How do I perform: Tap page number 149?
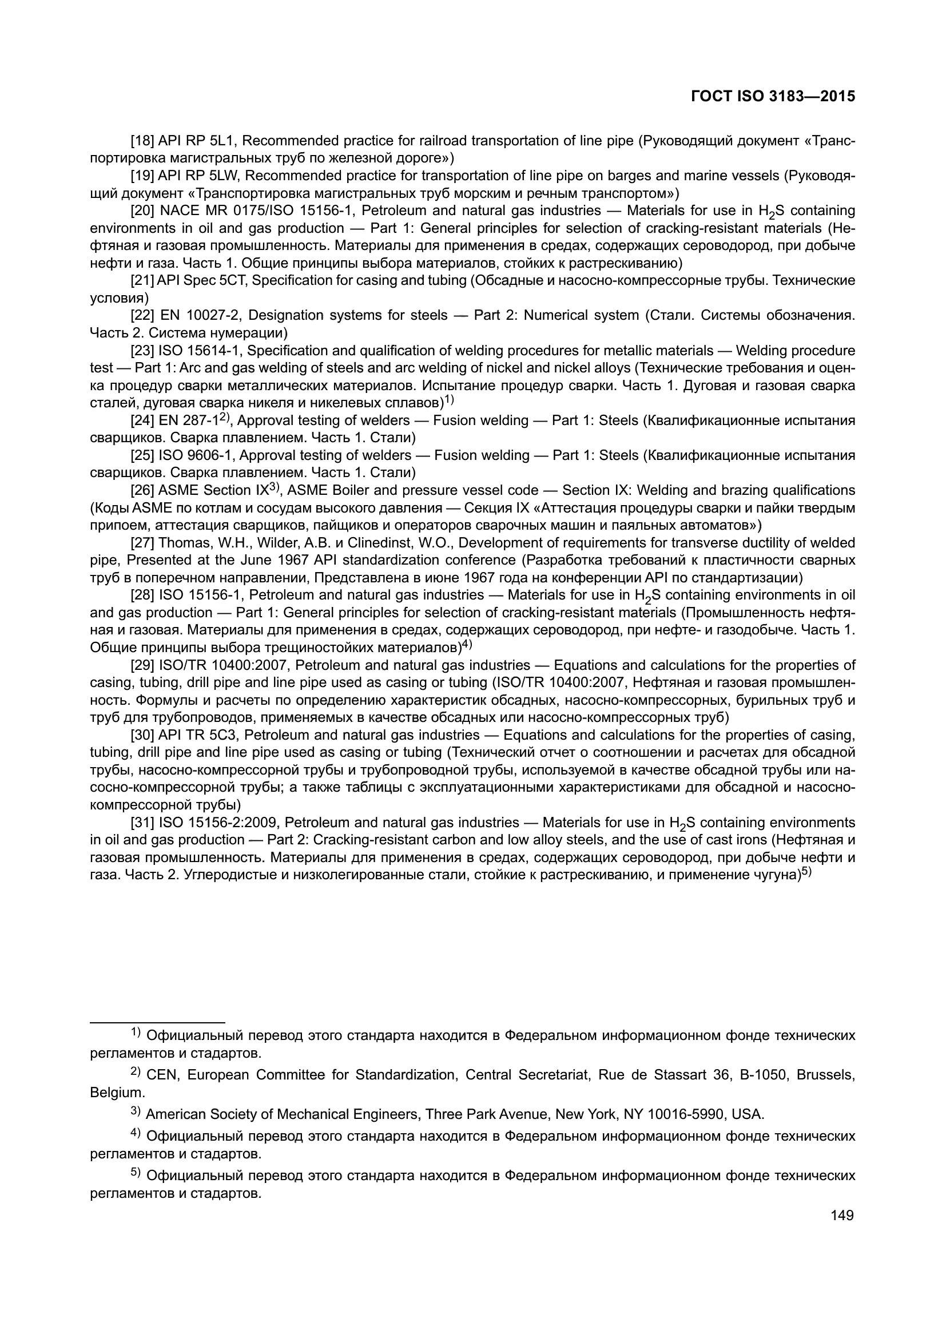coord(842,1215)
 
